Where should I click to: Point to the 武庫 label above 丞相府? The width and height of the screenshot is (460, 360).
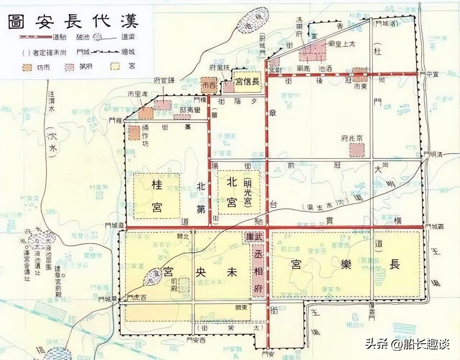[x=254, y=237]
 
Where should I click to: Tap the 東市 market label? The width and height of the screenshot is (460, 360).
[x=360, y=87]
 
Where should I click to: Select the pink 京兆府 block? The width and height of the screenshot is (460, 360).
[x=357, y=149]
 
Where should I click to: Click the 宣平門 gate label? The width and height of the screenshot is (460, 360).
[x=429, y=73]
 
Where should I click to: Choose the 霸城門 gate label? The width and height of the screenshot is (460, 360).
[x=433, y=227]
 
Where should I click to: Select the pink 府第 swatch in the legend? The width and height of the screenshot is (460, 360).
[x=69, y=68]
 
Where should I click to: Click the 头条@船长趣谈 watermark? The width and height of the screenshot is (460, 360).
[x=408, y=345]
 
